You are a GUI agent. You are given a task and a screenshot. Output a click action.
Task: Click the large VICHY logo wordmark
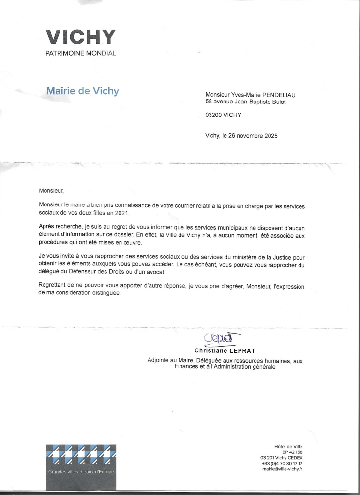coord(80,37)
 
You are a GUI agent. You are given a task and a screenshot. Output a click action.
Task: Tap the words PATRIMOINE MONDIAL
coord(80,53)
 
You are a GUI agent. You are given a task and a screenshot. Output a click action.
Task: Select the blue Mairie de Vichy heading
coord(82,91)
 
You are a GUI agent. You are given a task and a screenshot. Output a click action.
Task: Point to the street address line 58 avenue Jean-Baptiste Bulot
coord(245,102)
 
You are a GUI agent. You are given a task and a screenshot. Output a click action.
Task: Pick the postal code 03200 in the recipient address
coord(213,115)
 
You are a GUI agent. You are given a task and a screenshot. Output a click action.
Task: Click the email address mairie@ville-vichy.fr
coord(282,469)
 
